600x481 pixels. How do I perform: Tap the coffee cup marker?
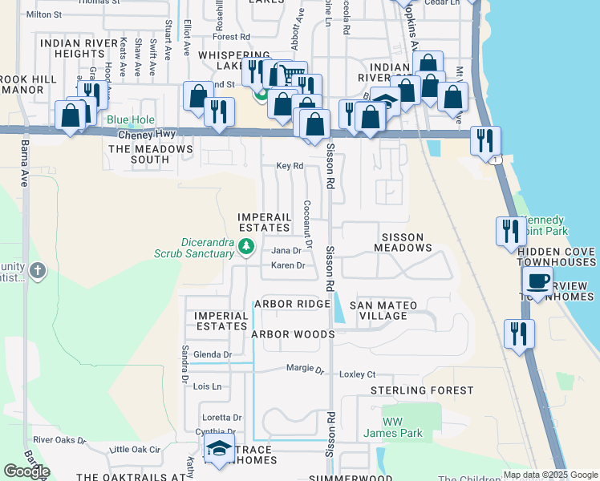(x=537, y=281)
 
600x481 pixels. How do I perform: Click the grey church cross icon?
(x=37, y=272)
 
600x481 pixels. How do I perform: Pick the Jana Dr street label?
(x=286, y=251)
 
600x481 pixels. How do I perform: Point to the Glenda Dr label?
(x=213, y=354)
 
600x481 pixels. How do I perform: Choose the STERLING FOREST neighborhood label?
(x=422, y=390)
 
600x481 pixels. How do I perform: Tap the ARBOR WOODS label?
(x=292, y=333)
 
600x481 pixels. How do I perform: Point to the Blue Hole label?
(x=129, y=120)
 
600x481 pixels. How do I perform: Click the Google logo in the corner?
(x=26, y=471)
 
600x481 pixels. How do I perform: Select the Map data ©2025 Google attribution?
(x=549, y=475)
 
